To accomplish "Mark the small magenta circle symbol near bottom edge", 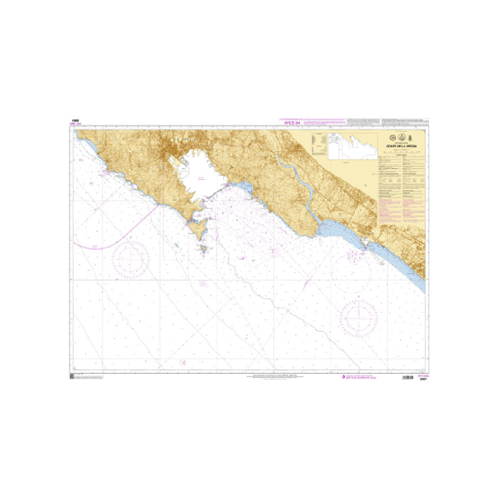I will [183, 362].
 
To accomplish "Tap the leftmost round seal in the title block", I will [385, 139].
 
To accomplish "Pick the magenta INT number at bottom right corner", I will [422, 375].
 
